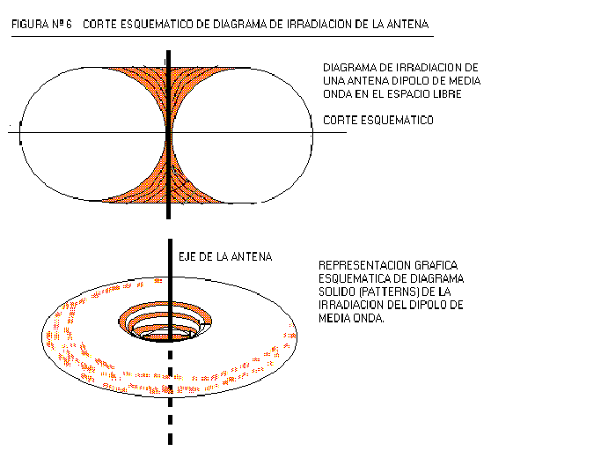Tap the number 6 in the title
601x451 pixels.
(69, 25)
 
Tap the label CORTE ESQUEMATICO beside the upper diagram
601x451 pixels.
(378, 121)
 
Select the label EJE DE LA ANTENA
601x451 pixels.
(225, 257)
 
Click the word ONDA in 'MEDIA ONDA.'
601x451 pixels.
(369, 318)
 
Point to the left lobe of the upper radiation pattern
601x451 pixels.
(92, 134)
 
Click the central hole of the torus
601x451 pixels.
(165, 322)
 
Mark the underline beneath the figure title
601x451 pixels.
(223, 37)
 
